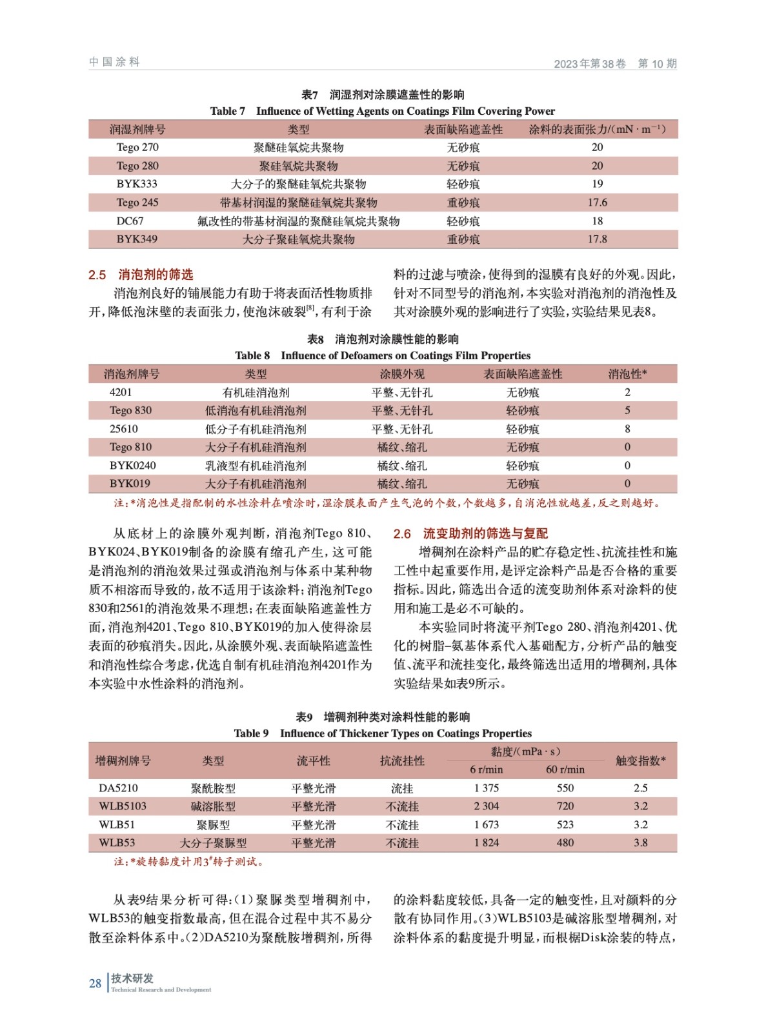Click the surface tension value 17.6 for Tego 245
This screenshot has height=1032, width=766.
(x=597, y=203)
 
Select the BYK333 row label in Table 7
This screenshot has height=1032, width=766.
(x=137, y=184)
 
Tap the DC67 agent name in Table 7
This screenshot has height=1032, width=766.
(x=130, y=221)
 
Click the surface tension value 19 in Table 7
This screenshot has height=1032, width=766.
(x=597, y=184)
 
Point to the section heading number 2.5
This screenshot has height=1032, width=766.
(x=97, y=275)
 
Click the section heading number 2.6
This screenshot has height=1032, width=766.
(x=402, y=533)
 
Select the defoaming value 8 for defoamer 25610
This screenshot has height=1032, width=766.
(x=627, y=429)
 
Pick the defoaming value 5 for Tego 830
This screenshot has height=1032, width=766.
(x=627, y=410)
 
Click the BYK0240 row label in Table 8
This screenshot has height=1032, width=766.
(x=132, y=465)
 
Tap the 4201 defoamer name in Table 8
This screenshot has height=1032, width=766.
(x=120, y=392)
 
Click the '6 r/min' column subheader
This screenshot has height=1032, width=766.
(x=486, y=769)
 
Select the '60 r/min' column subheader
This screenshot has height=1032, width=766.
(x=565, y=769)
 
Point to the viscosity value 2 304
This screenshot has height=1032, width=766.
(x=486, y=806)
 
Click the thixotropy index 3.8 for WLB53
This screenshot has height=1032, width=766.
(x=640, y=842)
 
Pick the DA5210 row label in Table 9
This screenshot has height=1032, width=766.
(x=118, y=788)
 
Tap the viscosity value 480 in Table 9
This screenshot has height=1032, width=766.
(x=565, y=842)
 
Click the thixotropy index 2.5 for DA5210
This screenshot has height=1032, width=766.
(x=640, y=788)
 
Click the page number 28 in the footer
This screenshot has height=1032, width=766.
(x=95, y=983)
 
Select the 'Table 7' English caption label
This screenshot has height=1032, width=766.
(x=227, y=111)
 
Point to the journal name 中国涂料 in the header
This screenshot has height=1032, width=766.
(x=114, y=62)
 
